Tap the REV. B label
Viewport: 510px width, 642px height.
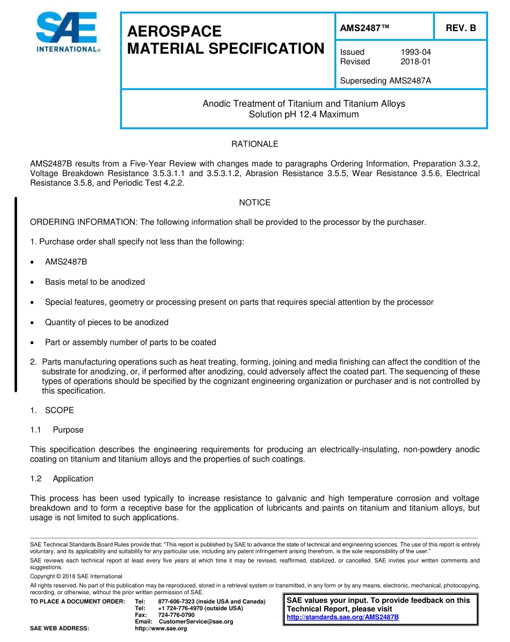tap(461, 28)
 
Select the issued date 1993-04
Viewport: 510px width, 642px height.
tap(416, 52)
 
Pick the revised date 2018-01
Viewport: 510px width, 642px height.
tap(416, 62)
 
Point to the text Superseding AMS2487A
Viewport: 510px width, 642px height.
tap(385, 81)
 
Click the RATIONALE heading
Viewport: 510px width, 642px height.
tap(254, 144)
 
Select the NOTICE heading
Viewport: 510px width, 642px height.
tap(254, 202)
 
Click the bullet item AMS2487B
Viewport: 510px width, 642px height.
tap(66, 261)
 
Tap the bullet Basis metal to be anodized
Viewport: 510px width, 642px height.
tap(94, 282)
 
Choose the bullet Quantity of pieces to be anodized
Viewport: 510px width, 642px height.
tap(106, 322)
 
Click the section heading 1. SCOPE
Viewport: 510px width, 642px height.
tap(53, 410)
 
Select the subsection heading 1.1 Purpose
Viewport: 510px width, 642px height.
tap(57, 429)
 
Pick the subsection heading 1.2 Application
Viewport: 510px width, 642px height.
tap(62, 478)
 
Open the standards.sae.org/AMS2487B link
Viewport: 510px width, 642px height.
tap(343, 617)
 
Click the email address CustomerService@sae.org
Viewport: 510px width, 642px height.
tap(196, 622)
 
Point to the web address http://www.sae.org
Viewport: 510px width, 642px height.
tap(161, 629)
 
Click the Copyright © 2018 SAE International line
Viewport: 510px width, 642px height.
tap(76, 577)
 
